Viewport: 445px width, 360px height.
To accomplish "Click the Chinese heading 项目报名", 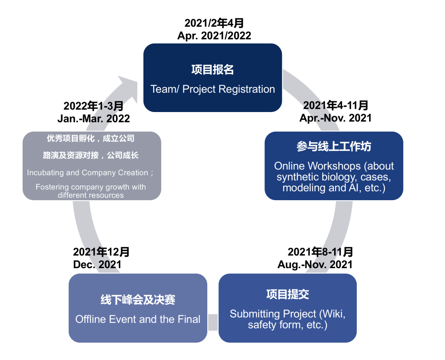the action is click(213, 70).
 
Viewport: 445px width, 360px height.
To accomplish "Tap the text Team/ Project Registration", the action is click(213, 89).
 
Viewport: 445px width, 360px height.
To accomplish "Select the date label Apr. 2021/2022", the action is click(214, 36).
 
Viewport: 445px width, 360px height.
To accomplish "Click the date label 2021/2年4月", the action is click(214, 23).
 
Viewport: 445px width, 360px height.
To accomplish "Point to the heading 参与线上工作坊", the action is click(334, 146).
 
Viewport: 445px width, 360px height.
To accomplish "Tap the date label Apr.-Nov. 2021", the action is click(335, 118).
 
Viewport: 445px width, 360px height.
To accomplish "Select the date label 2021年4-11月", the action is click(335, 105).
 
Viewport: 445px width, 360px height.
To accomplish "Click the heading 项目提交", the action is click(288, 294).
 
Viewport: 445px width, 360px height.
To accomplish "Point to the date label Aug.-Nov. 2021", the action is click(315, 264).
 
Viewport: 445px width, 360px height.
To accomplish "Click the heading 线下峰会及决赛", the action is click(138, 299).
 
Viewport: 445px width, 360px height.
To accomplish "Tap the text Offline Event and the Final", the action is click(138, 319).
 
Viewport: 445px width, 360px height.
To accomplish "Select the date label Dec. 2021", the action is click(97, 264).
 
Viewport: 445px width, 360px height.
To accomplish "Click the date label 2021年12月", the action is click(101, 252).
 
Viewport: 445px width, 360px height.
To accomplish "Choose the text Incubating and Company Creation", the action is click(87, 173).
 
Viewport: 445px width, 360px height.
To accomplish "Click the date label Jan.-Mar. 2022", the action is click(94, 119).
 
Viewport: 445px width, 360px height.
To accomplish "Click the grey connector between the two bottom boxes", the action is click(213, 322).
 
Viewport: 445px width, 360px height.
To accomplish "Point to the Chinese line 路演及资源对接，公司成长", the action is click(91, 155).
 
